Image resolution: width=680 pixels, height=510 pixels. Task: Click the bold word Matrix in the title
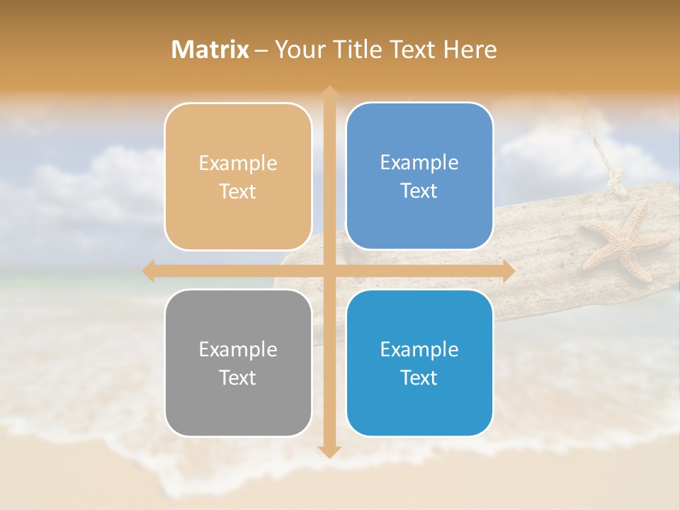click(210, 50)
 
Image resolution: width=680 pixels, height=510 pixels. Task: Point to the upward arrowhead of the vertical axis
click(329, 92)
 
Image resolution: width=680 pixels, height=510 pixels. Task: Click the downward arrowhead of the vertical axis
click(329, 451)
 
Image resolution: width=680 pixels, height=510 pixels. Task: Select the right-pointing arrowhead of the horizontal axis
click(508, 271)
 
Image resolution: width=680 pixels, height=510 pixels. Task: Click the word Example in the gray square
click(238, 349)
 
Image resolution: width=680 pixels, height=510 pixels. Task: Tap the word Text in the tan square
click(238, 192)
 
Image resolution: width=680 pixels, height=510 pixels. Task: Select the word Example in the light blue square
click(419, 163)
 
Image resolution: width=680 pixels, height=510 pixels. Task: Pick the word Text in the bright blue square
click(419, 378)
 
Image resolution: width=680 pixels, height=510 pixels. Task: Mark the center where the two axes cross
click(329, 271)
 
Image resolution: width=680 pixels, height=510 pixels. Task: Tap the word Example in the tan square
click(238, 164)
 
